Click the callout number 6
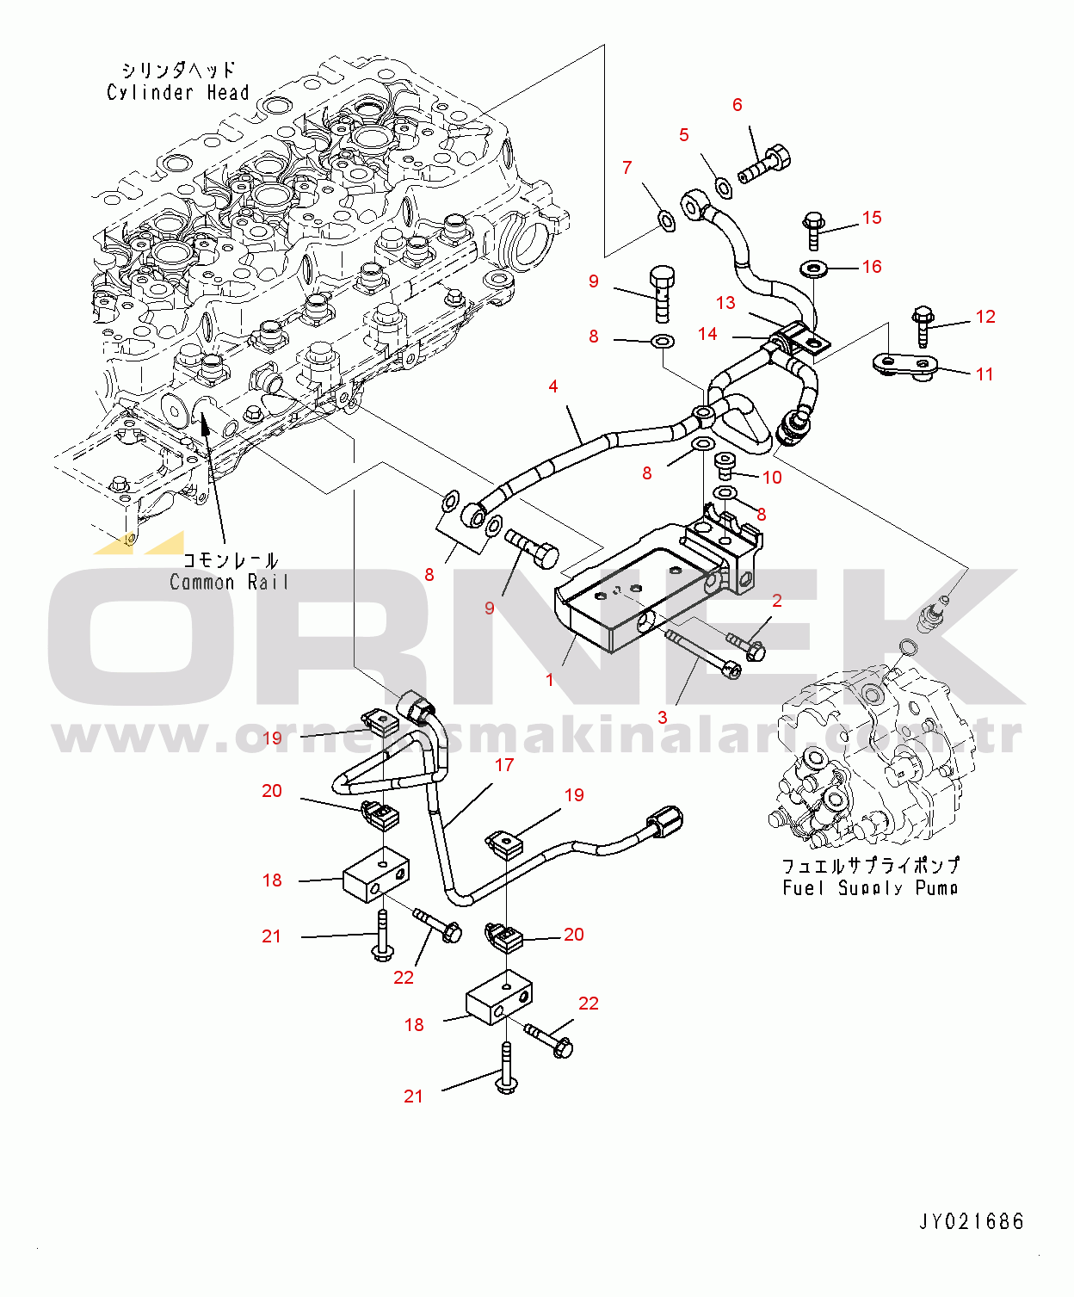737,105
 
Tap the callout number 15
872,218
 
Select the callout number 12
985,317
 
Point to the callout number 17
504,764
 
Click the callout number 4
553,386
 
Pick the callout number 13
725,303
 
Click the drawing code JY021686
972,1221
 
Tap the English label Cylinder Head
178,92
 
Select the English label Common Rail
228,583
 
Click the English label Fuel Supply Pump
870,887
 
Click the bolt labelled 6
765,164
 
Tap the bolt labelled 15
813,229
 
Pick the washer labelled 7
665,220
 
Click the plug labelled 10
725,466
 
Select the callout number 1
550,680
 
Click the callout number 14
707,334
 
